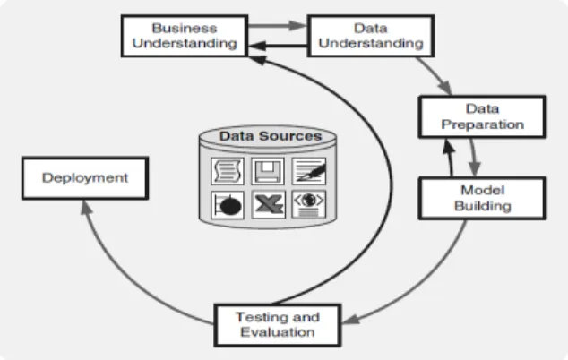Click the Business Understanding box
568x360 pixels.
tap(185, 36)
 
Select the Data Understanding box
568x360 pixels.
tap(371, 36)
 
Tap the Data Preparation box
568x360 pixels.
tap(482, 116)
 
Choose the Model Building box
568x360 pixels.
tap(482, 198)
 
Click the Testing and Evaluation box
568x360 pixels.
tap(278, 325)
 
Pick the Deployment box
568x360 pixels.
tap(85, 178)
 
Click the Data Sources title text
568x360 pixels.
tap(271, 136)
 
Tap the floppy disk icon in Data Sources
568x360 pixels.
tap(268, 171)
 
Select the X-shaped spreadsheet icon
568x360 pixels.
tap(269, 204)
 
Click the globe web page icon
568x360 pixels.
tap(308, 204)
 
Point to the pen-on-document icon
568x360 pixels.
tap(308, 171)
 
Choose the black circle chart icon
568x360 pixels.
tap(228, 205)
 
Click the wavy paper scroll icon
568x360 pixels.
tap(228, 171)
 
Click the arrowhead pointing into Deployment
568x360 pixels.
tap(86, 207)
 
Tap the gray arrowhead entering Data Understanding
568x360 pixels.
tap(298, 25)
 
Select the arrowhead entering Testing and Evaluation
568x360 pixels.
tap(350, 319)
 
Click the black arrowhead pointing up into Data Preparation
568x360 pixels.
tap(448, 147)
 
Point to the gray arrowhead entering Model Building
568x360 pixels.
tap(475, 169)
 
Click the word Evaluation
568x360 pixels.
tap(278, 332)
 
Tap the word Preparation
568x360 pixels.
tap(483, 124)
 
